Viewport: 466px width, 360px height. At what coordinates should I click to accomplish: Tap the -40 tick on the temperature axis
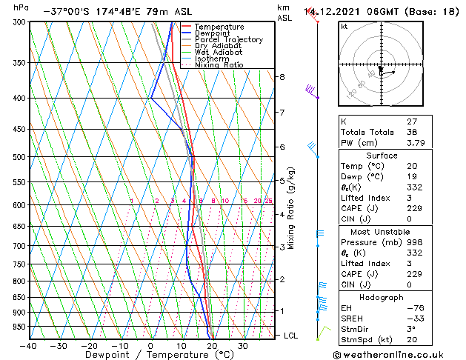point(29,345)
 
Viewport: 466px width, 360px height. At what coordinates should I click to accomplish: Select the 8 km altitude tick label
point(282,77)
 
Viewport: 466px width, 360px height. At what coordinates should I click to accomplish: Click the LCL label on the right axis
point(292,336)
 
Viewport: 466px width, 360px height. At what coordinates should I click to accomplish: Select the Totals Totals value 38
point(412,132)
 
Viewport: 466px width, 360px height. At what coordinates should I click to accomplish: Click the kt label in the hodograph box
point(344,27)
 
